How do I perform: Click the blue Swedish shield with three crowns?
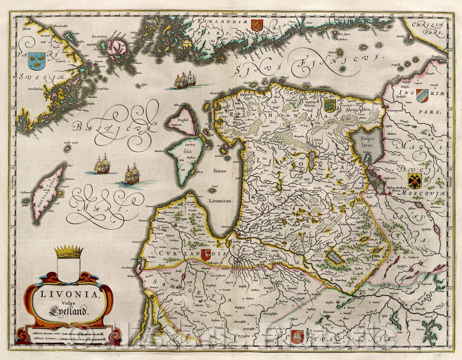point(37,60)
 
